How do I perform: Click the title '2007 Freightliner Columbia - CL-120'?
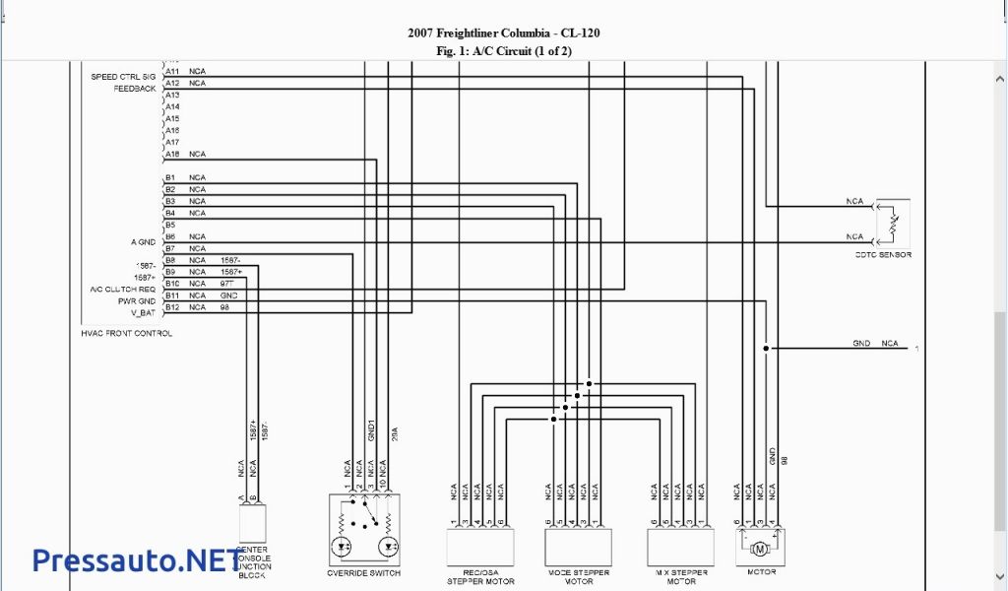tap(503, 33)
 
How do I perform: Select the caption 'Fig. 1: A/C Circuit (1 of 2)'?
tap(503, 50)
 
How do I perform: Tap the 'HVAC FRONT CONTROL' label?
tap(126, 334)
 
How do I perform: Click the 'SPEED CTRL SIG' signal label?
tap(123, 76)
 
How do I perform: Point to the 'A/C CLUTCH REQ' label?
tap(123, 290)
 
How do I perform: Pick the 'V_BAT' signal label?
tap(144, 312)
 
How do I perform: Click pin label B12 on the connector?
tap(171, 307)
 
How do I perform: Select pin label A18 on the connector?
tap(172, 154)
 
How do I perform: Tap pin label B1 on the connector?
tap(170, 177)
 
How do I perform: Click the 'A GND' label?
tap(144, 242)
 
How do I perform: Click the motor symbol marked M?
tap(759, 548)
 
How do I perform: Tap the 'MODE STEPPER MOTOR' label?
tap(578, 576)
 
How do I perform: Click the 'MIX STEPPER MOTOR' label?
tap(681, 576)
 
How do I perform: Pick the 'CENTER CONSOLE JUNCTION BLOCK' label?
tap(253, 562)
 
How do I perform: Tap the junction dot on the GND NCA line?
tap(765, 348)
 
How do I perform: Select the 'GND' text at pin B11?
tap(228, 295)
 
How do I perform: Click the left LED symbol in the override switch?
tap(344, 545)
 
